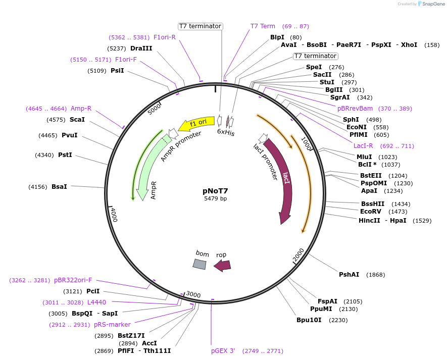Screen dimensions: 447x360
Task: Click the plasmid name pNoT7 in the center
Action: tap(215, 191)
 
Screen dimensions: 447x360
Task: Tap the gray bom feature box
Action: tap(200, 264)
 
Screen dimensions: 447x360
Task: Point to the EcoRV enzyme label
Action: tap(371, 212)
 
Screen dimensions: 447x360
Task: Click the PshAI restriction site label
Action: tap(349, 275)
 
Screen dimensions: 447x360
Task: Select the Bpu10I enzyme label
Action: tap(309, 320)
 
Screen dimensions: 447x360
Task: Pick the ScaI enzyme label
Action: tap(77, 120)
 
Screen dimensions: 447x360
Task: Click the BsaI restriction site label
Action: tap(59, 187)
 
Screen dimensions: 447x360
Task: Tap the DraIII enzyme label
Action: tap(141, 48)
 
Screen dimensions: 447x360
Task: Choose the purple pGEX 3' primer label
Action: tap(223, 351)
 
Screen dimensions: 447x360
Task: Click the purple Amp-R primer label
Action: tap(81, 109)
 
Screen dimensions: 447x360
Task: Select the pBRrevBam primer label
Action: tap(355, 109)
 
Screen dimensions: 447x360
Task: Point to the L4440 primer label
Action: tap(97, 302)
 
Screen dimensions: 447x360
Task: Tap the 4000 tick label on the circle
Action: tap(114, 215)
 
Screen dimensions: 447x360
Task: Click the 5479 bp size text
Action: tap(215, 199)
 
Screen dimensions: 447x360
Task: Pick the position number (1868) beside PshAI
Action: tap(376, 275)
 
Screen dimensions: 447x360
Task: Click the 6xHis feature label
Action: tap(226, 133)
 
